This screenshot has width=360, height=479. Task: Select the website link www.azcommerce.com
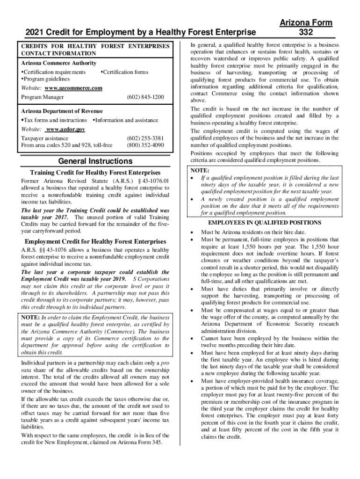point(73,88)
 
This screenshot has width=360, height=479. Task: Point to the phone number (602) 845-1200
point(145,97)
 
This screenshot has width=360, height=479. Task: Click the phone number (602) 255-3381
point(145,138)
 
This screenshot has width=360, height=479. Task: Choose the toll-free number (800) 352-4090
point(145,145)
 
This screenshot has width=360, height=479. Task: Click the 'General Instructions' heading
point(95,161)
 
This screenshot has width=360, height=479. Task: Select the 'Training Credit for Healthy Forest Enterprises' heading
point(95,173)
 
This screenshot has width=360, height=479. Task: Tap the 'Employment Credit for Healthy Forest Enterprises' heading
point(95,241)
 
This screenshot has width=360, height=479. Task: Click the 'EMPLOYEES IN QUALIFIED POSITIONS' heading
point(264,223)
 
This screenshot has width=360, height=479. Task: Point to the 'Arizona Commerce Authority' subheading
point(59,63)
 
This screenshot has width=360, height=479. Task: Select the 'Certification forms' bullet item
point(125,72)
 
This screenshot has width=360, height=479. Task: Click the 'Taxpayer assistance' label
point(45,138)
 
